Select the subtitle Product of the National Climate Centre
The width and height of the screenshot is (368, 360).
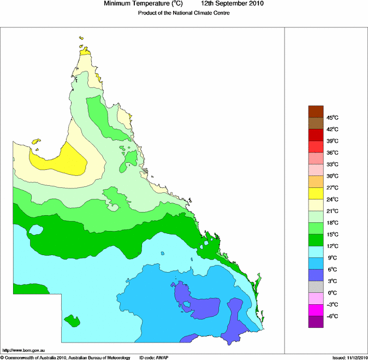click(x=183, y=13)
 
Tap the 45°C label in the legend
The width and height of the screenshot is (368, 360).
click(x=333, y=117)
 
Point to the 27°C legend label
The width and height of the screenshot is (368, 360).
click(x=333, y=188)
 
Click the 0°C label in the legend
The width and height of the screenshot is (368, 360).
click(x=333, y=293)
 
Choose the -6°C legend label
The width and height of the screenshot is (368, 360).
click(x=333, y=316)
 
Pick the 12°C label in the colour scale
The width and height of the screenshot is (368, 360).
click(x=333, y=246)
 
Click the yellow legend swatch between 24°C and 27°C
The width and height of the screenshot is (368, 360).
click(x=316, y=193)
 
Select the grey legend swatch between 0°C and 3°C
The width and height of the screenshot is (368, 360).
click(x=316, y=287)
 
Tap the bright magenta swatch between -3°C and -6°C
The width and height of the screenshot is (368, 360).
click(x=316, y=310)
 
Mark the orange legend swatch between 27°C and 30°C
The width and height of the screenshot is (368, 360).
click(x=316, y=182)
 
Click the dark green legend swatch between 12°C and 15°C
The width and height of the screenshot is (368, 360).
click(x=316, y=240)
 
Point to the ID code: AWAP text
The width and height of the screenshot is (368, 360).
click(x=153, y=357)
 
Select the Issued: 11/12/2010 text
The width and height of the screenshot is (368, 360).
click(x=349, y=357)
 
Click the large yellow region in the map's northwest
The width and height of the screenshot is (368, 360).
click(x=61, y=161)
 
